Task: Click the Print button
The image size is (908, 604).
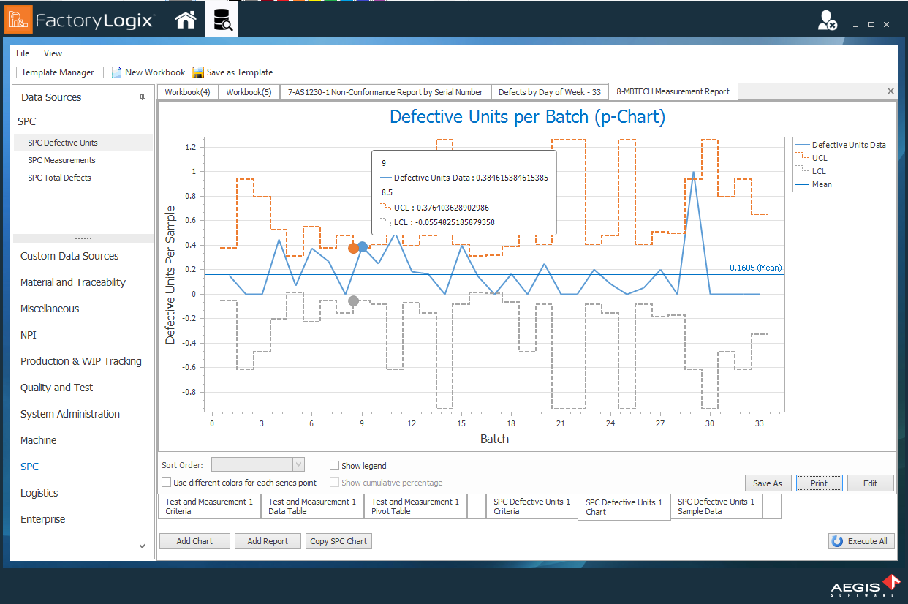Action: [819, 483]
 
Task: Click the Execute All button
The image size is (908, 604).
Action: [860, 541]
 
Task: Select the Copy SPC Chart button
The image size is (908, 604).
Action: [338, 541]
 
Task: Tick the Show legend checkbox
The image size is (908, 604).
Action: [335, 466]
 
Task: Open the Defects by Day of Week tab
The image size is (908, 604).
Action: [549, 92]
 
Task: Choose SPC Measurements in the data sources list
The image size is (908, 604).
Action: [61, 160]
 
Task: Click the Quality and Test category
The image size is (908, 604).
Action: [56, 388]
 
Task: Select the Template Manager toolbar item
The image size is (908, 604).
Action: [57, 72]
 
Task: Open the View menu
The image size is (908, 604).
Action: [53, 53]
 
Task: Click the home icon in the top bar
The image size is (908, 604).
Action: [186, 20]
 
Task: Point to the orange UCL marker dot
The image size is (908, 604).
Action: [353, 248]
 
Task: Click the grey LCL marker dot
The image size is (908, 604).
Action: [353, 301]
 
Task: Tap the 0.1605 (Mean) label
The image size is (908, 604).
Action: [755, 268]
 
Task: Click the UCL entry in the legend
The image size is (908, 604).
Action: [820, 158]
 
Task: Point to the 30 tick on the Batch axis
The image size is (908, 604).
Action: [709, 423]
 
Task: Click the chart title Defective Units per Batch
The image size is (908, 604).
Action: [527, 117]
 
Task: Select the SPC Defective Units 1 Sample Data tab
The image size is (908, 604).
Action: [716, 506]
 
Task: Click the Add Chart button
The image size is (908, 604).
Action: [194, 541]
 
